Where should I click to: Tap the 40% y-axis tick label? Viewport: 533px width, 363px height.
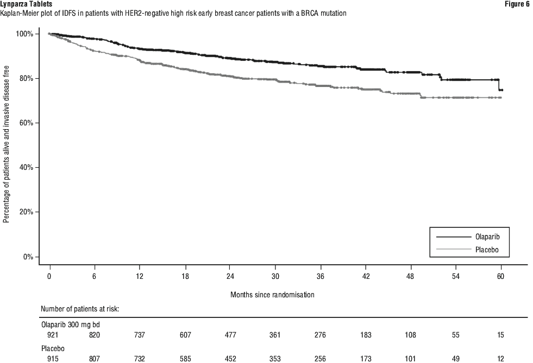click(27, 168)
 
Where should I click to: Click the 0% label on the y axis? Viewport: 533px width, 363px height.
click(29, 257)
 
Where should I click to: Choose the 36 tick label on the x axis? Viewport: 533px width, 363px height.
click(320, 276)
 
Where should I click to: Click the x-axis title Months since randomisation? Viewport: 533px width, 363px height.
click(272, 295)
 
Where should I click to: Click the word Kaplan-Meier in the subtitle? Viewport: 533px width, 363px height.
click(18, 12)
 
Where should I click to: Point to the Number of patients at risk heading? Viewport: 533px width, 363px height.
click(80, 309)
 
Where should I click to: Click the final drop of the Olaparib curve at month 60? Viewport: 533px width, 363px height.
click(499, 85)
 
